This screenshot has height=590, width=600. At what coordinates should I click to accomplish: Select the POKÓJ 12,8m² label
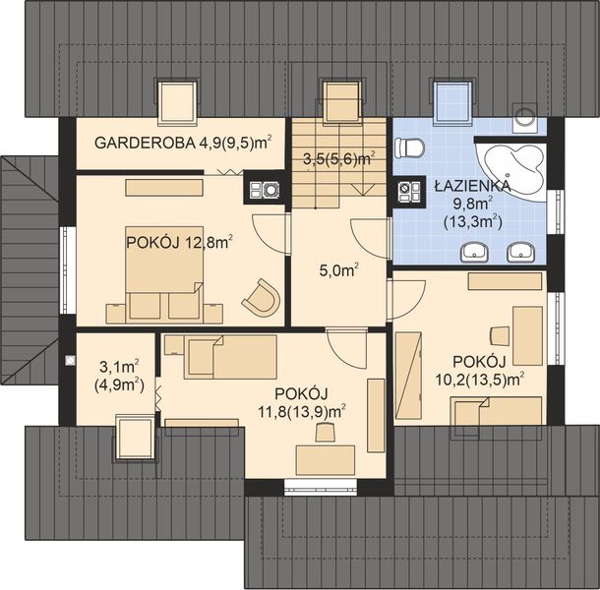[178, 240]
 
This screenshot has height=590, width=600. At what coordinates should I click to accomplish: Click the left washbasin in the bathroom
[477, 253]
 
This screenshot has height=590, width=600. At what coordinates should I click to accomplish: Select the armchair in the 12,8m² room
[262, 294]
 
